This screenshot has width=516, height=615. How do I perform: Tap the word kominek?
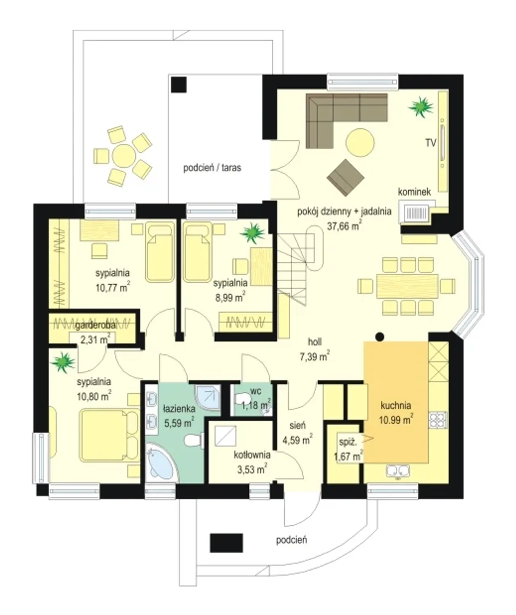pyautogui.click(x=414, y=192)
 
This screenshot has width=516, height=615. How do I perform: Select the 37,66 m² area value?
pyautogui.click(x=344, y=226)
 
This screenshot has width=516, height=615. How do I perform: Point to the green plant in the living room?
pyautogui.click(x=421, y=107)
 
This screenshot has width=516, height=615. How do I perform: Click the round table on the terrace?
pyautogui.click(x=124, y=156)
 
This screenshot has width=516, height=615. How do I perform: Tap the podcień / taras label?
pyautogui.click(x=212, y=168)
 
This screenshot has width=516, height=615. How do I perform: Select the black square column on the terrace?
pyautogui.click(x=179, y=85)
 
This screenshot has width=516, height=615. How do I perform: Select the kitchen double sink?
pyautogui.click(x=398, y=471)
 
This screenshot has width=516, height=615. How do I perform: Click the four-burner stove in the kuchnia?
pyautogui.click(x=438, y=420)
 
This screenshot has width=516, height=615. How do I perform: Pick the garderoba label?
pyautogui.click(x=95, y=326)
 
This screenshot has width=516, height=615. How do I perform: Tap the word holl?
pyautogui.click(x=315, y=342)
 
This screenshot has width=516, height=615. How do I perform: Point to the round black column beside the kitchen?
pyautogui.click(x=380, y=337)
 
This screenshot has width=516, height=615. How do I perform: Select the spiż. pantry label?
pyautogui.click(x=348, y=443)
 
